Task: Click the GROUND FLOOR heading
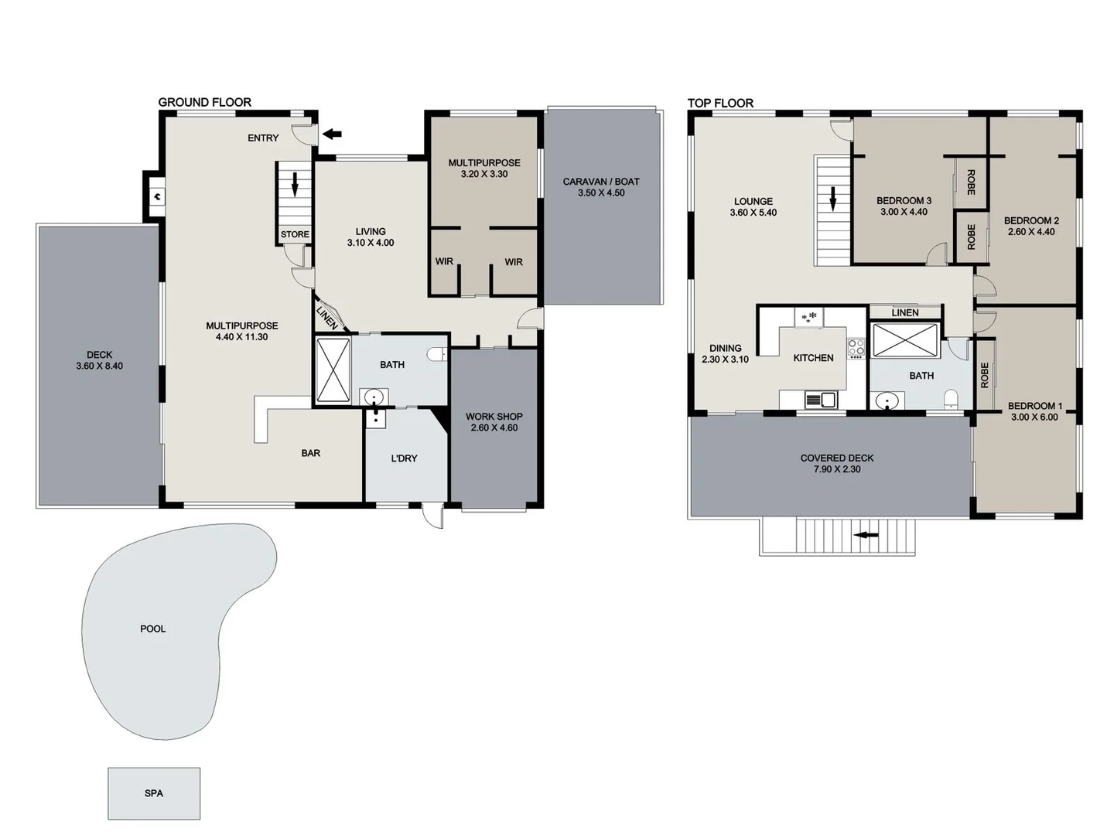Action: click(x=204, y=102)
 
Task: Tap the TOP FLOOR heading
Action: click(x=720, y=103)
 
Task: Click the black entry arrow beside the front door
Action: click(x=332, y=135)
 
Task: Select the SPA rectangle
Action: click(x=154, y=793)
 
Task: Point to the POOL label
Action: click(x=152, y=629)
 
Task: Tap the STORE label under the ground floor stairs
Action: click(x=295, y=234)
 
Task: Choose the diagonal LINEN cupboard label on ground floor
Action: click(x=327, y=318)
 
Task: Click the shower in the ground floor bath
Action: click(x=333, y=370)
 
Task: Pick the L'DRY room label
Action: click(x=404, y=458)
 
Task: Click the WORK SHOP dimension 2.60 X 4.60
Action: click(x=494, y=428)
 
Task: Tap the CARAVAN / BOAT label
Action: click(x=600, y=182)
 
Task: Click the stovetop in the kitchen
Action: click(x=856, y=348)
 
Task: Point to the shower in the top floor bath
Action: click(x=904, y=340)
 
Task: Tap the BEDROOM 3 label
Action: click(x=904, y=200)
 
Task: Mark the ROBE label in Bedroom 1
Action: click(x=984, y=375)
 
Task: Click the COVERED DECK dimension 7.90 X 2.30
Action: click(x=836, y=469)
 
